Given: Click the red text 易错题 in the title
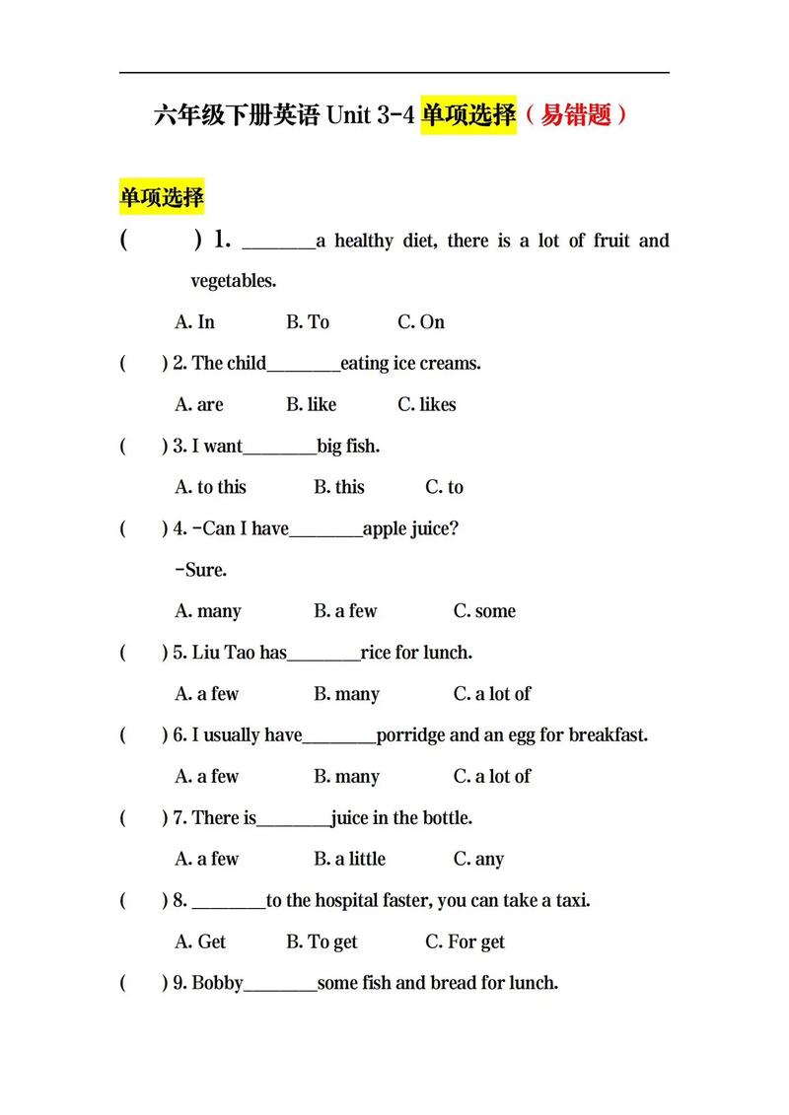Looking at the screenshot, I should point(575,115).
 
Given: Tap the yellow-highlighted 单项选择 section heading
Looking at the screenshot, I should point(162,197).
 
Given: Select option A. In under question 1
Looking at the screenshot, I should point(195,322).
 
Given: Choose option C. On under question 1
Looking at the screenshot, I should point(421,322).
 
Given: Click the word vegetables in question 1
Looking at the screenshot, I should point(233,281).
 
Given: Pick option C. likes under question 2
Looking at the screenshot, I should point(427,405).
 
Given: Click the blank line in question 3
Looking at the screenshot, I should point(279,449).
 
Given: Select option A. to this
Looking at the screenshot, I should point(211,488).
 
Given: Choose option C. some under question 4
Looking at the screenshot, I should point(484,611).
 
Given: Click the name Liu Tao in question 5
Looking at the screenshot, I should point(224,653).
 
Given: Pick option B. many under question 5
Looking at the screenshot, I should point(347,694).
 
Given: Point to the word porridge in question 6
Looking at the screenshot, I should point(411,735).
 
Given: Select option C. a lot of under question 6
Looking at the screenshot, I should point(492,777).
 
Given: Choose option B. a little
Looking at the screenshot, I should point(350,860).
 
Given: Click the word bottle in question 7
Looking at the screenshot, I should point(446,818).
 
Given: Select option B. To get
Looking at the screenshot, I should point(323,942).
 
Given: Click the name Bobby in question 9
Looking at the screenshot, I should point(217,984).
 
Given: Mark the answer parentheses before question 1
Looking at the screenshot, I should point(161,241).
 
